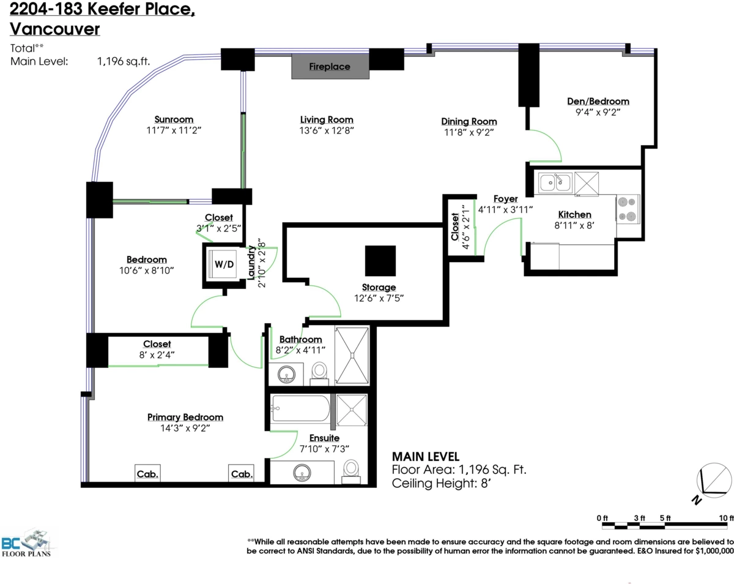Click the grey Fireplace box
[330, 66]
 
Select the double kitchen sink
[555, 182]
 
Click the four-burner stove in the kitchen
[628, 209]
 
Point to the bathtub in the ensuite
[300, 408]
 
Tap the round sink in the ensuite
[302, 473]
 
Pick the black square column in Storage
[380, 261]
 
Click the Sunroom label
[174, 119]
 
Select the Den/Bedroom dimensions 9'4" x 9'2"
[598, 112]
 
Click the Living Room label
[327, 120]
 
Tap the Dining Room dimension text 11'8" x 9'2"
[469, 132]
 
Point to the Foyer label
[505, 199]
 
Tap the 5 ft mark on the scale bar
[665, 518]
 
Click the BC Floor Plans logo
[28, 543]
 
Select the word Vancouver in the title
[54, 29]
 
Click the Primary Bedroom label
[185, 417]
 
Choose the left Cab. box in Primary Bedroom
[147, 473]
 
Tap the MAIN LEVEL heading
[426, 457]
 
